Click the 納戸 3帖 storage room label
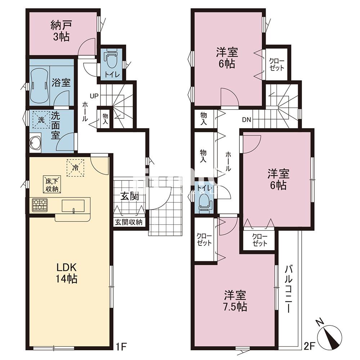[x=62, y=31]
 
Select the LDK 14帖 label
[x=66, y=273]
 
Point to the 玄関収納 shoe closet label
[x=129, y=222]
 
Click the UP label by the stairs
[x=94, y=96]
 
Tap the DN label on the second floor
[x=246, y=120]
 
